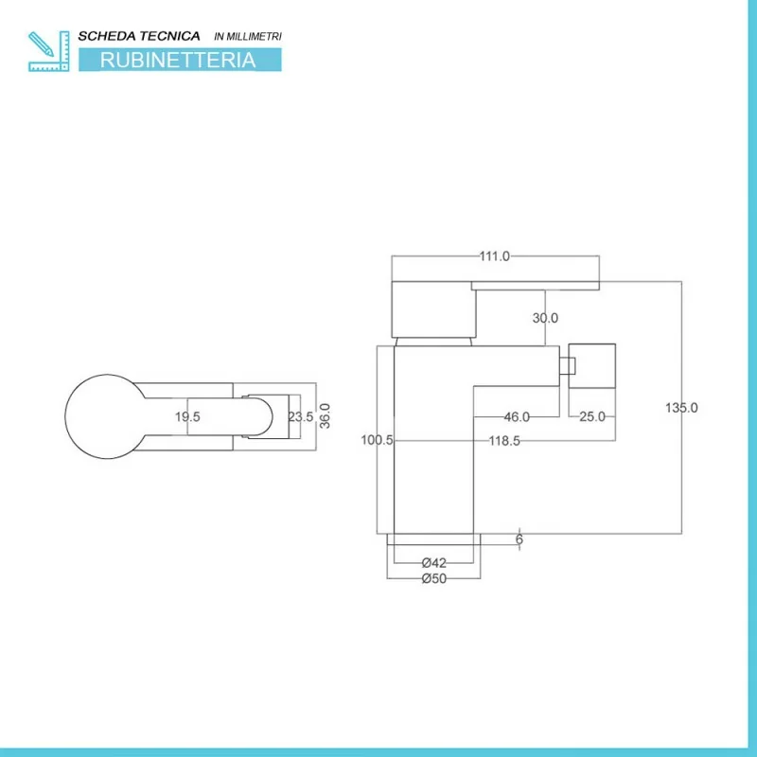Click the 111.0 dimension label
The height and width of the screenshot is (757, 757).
click(x=494, y=256)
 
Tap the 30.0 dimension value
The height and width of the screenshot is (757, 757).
click(x=545, y=319)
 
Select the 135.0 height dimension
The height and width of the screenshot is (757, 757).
click(x=681, y=408)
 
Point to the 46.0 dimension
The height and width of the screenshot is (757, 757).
click(x=516, y=417)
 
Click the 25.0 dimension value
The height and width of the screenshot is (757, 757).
click(x=592, y=417)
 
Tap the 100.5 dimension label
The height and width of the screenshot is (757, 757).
click(x=378, y=440)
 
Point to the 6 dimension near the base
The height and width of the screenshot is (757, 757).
click(x=519, y=539)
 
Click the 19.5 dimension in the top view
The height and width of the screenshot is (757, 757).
click(x=187, y=417)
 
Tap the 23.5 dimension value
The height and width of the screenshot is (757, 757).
click(x=301, y=417)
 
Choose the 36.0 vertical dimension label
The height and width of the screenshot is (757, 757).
click(x=325, y=416)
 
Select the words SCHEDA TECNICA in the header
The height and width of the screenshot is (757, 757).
click(x=138, y=35)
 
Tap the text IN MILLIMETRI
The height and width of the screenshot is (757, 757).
click(x=248, y=36)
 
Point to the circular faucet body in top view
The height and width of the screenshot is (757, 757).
click(x=104, y=416)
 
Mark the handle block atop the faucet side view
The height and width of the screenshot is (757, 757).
click(x=433, y=308)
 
